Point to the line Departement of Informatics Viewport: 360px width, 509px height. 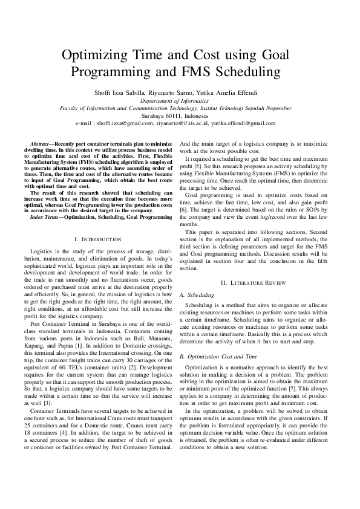pyautogui.click(x=180, y=100)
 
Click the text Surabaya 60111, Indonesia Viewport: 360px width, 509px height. pyautogui.click(x=180, y=115)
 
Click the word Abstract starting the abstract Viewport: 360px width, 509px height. pyautogui.click(x=40, y=143)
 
